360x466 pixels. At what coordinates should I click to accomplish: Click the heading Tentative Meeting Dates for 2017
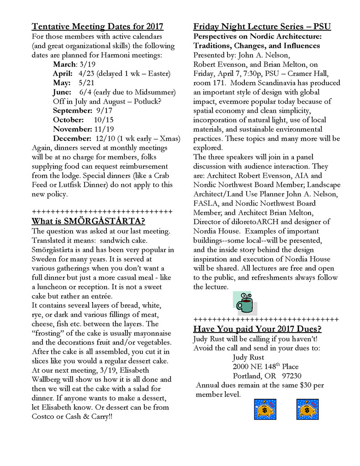point(97,26)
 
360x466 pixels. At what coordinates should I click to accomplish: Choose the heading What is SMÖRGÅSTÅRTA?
point(88,222)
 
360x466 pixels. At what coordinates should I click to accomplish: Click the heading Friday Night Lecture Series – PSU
point(262,26)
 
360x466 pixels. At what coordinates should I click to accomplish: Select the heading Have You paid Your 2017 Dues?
point(257,329)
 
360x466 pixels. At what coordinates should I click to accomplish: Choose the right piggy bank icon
point(307,409)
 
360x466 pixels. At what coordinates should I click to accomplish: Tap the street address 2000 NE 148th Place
point(265,366)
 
